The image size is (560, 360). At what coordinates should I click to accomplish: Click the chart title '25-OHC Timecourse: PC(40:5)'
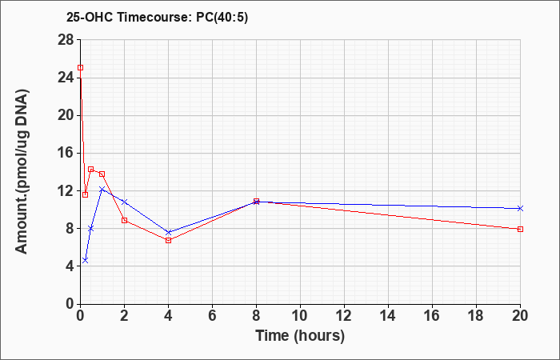157,18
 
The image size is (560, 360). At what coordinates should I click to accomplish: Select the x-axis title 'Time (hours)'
300,336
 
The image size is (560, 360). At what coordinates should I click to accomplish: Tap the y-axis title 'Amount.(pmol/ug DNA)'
22,171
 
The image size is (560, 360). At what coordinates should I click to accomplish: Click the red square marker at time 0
80,67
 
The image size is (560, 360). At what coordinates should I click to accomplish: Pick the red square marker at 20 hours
520,229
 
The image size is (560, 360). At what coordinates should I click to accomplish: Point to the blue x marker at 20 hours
520,208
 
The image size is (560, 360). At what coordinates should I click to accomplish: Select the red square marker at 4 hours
168,240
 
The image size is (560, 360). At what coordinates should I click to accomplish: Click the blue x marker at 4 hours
168,233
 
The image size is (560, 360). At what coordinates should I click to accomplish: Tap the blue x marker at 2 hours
124,202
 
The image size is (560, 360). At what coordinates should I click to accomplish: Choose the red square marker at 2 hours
124,220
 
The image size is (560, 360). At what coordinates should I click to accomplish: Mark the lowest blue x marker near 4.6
85,260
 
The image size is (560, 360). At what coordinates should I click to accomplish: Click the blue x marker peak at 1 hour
102,189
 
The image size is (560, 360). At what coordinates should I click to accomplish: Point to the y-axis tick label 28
66,40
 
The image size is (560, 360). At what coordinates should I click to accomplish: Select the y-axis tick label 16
66,154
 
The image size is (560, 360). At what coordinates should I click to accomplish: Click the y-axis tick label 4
70,266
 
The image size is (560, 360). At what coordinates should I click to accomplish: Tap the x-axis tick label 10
300,316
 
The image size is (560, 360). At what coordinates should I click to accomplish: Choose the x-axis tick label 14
388,316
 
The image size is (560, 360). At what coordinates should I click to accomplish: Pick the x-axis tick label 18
477,316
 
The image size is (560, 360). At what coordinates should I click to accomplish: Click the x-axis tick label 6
212,316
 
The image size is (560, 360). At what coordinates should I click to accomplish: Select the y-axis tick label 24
66,78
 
